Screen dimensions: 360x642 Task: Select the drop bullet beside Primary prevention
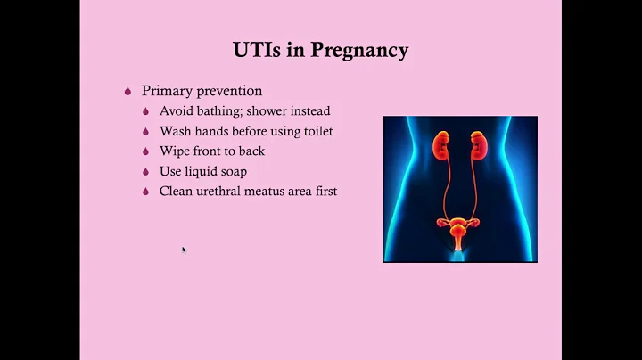point(128,91)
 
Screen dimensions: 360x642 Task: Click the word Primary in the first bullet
point(166,91)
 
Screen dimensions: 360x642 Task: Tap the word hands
point(216,131)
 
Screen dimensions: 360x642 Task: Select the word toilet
point(315,131)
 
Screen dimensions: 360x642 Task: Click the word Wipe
point(176,151)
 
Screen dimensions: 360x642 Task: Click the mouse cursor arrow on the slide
point(184,250)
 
